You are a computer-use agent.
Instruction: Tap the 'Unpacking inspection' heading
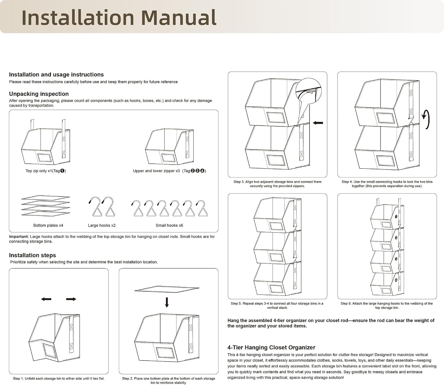tap(39, 94)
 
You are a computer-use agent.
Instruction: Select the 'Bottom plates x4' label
tap(48, 225)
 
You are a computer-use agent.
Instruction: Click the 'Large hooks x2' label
tap(102, 225)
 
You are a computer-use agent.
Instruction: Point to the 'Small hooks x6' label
tap(169, 225)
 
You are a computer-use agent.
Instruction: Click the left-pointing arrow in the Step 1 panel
tap(46, 299)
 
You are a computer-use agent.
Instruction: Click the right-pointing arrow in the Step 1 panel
tap(71, 299)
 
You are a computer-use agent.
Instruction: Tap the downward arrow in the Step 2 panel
tap(167, 302)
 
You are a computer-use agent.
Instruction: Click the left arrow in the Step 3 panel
tap(318, 123)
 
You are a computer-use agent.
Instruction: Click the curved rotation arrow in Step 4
tap(426, 119)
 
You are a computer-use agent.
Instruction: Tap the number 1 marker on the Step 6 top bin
tap(396, 216)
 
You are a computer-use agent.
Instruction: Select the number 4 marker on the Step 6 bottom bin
tap(396, 280)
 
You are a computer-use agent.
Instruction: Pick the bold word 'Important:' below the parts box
tap(19, 236)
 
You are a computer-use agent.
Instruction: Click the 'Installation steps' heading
tap(33, 255)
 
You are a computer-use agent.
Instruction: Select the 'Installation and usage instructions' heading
tap(57, 75)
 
